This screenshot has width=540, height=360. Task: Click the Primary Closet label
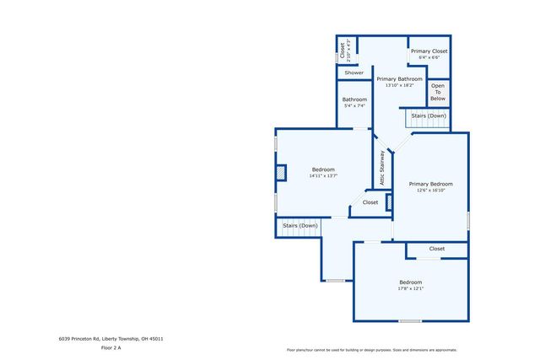(429, 51)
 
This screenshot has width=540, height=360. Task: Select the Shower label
(354, 73)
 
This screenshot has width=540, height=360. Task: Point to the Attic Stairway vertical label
(382, 168)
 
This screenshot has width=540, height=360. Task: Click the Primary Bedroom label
(430, 184)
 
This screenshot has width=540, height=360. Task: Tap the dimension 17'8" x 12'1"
(410, 288)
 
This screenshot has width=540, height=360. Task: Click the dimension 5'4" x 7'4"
(354, 105)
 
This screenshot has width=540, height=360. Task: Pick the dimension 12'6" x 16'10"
(430, 191)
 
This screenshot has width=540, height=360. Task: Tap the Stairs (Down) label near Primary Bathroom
(429, 116)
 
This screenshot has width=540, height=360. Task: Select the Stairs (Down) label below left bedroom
(300, 225)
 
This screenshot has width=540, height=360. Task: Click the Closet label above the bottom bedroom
(436, 249)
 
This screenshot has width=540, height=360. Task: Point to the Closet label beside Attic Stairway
(370, 202)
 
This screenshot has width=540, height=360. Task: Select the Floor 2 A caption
(111, 347)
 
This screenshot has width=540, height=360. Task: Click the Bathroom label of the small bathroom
(354, 99)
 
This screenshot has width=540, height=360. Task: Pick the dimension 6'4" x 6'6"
(429, 57)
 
